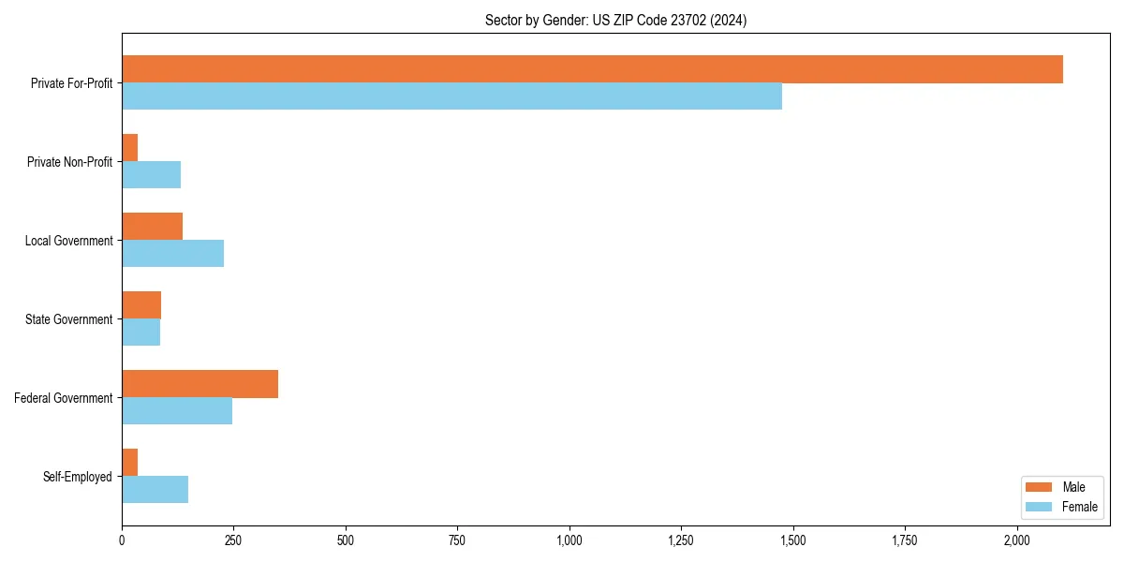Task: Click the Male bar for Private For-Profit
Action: pos(592,69)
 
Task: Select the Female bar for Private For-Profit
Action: pos(451,96)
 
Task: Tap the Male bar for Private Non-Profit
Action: pos(130,148)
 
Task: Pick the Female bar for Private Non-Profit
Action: pos(151,175)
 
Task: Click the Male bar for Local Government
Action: pos(152,227)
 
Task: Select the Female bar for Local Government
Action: pos(172,254)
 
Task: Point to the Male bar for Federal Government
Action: pos(200,384)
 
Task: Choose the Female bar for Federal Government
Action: pos(177,411)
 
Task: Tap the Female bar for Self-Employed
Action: pos(155,490)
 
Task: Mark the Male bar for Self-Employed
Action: pos(130,463)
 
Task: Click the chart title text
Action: pos(615,20)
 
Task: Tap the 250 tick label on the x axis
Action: pos(233,540)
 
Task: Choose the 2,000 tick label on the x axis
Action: pos(1017,540)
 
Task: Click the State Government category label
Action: pos(69,319)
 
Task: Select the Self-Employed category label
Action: pos(78,477)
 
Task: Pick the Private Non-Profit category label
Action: pos(69,162)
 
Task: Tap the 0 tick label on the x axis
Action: pos(122,540)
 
